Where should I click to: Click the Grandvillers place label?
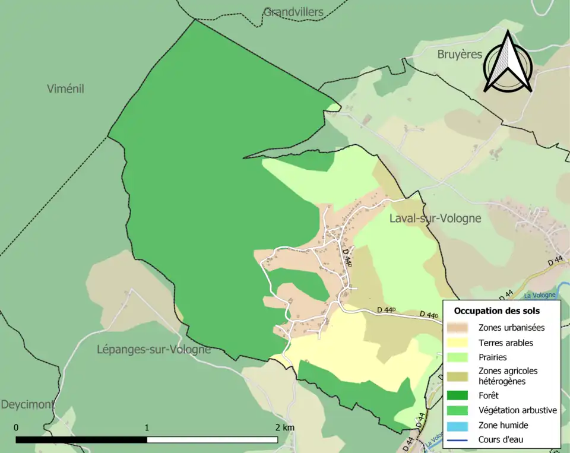(x=293, y=12)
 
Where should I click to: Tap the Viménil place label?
(x=65, y=89)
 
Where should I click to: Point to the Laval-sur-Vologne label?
(x=435, y=218)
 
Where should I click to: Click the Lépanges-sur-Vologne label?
(x=154, y=350)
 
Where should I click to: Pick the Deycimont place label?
(x=27, y=405)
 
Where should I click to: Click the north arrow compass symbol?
(x=508, y=62)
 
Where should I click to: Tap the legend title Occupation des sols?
(x=496, y=311)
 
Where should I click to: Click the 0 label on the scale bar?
(x=16, y=427)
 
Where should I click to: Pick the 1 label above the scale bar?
(x=147, y=427)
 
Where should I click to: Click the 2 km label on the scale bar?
(x=284, y=427)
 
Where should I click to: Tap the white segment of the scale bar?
(x=212, y=440)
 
